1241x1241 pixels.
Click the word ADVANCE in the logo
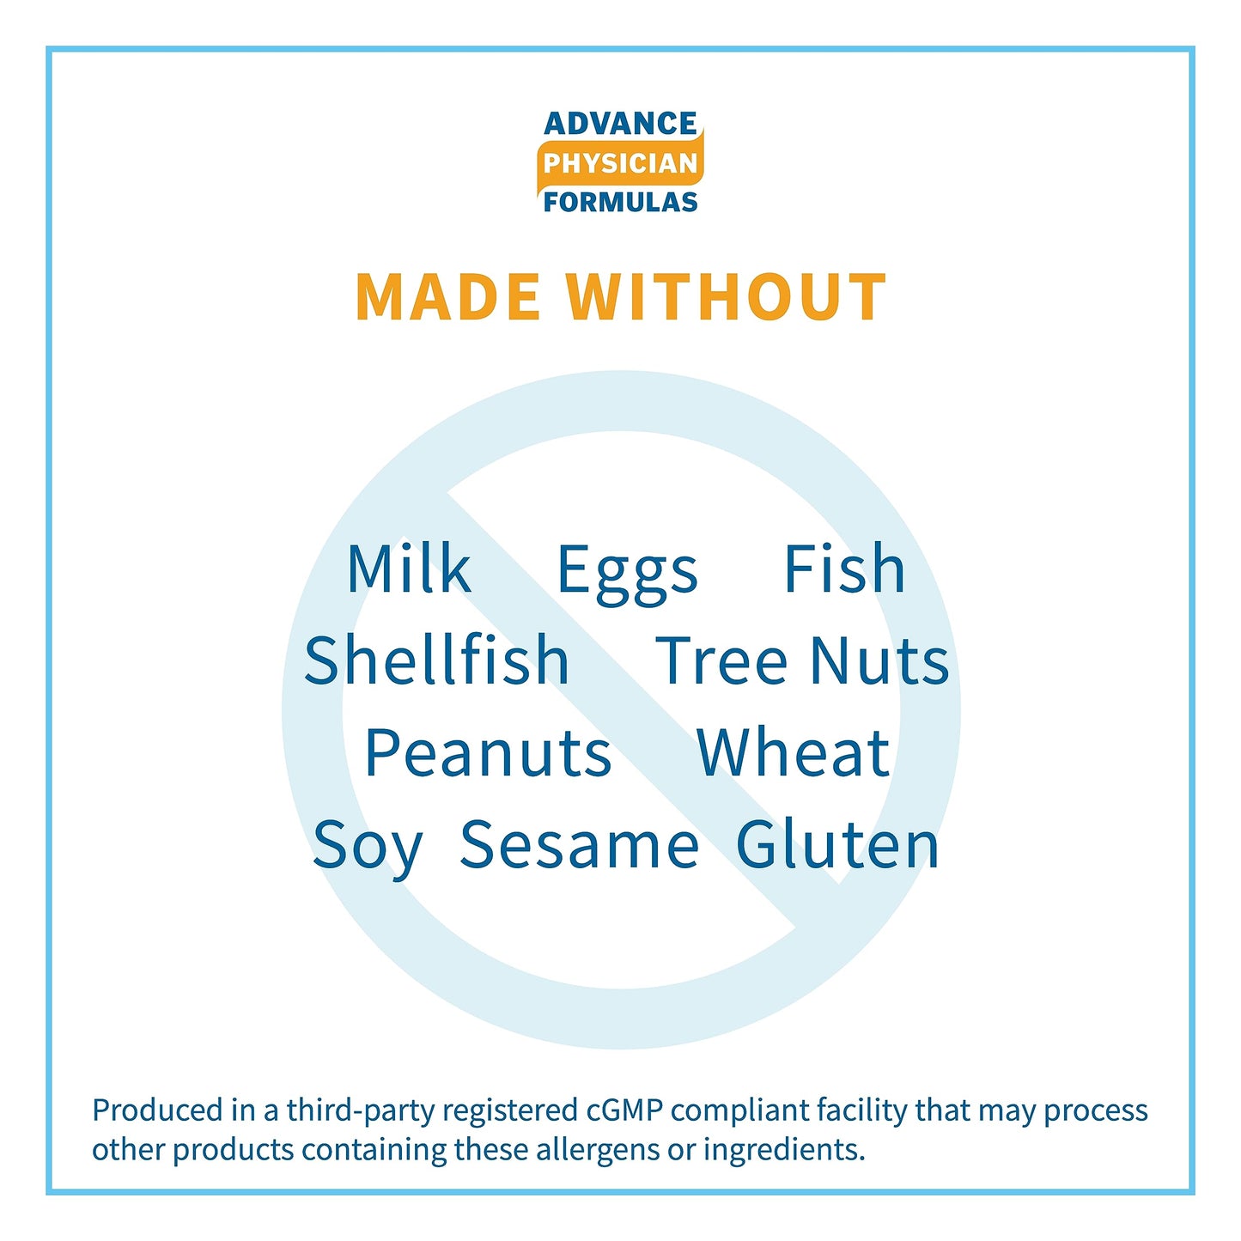(620, 124)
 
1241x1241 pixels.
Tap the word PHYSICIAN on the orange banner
(620, 163)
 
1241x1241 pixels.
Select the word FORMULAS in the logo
(620, 202)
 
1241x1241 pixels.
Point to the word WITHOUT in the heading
(726, 296)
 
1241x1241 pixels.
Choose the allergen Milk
(409, 568)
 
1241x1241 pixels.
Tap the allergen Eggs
(627, 575)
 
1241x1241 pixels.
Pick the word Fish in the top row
(844, 568)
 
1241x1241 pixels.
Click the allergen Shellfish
(436, 660)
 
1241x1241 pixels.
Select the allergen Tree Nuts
(802, 660)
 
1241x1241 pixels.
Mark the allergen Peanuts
(488, 753)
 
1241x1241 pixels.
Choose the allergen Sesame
(579, 844)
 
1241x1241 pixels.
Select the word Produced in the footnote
(157, 1110)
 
